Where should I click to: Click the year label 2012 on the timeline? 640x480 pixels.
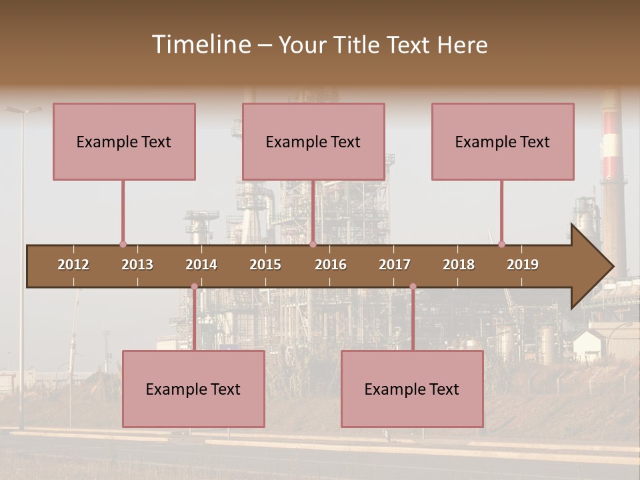(x=73, y=265)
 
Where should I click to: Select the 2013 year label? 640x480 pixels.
(x=137, y=265)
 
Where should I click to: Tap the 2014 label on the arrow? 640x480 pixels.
(x=201, y=265)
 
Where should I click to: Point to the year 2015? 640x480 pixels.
(x=265, y=265)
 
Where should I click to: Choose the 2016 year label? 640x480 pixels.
(x=331, y=265)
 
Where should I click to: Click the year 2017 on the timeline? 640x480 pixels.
(x=395, y=265)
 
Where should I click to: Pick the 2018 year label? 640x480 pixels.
(x=459, y=265)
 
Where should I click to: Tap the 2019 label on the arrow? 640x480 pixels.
(x=523, y=265)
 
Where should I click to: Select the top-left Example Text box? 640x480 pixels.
(x=124, y=141)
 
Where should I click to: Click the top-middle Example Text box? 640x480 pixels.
(x=313, y=141)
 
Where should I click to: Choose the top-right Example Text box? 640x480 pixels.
(x=503, y=141)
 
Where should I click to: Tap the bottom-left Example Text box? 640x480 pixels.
(x=193, y=389)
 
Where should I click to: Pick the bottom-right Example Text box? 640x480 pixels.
(x=412, y=389)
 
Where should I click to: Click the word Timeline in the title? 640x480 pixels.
(x=201, y=45)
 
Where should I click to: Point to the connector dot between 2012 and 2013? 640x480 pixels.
(x=123, y=245)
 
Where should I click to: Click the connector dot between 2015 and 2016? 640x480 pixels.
(x=313, y=245)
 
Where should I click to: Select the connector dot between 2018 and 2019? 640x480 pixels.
(x=501, y=245)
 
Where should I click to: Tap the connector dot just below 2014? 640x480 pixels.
(x=194, y=287)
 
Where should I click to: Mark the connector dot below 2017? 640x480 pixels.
(x=413, y=287)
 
